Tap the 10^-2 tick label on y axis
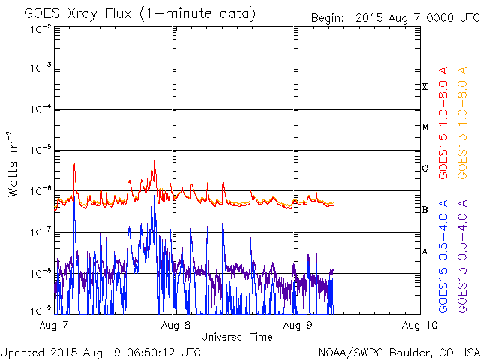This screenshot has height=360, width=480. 39,28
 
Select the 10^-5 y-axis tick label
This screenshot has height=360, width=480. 39,150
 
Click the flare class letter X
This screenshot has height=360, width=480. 424,87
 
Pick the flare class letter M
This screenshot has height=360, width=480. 424,127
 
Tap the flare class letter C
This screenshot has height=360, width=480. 424,169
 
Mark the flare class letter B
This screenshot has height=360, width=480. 424,210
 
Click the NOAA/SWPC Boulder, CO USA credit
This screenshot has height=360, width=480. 398,352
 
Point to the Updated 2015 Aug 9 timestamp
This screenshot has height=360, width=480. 100,352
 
